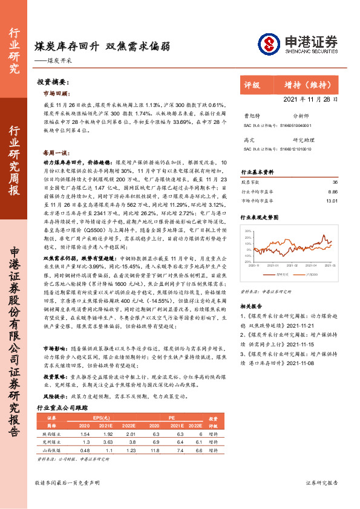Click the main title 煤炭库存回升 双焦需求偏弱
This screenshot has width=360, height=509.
[102, 45]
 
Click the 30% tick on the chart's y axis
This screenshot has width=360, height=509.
[248, 231]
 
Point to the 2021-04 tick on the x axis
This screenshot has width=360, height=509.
[312, 265]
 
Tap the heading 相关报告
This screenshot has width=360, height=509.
[252, 306]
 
